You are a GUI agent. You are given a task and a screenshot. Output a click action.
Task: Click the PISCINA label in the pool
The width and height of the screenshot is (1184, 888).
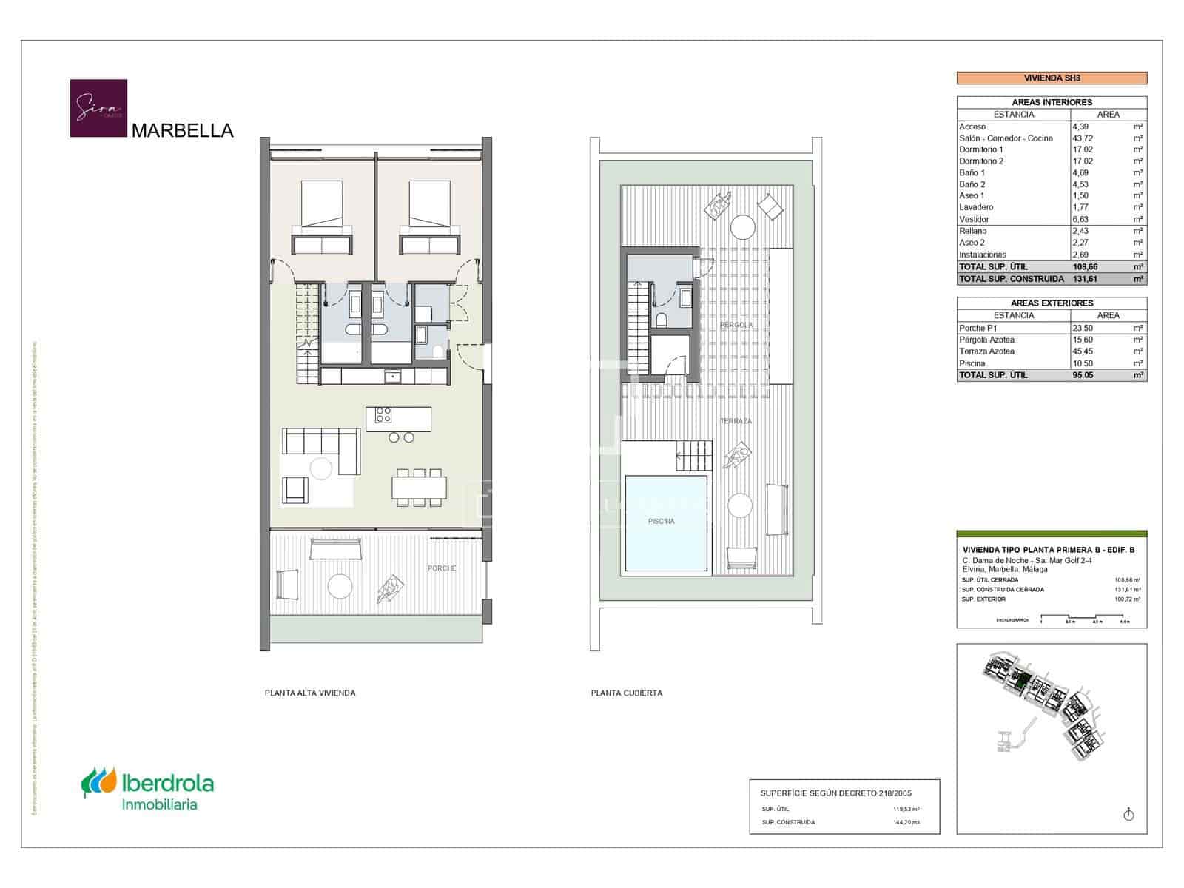pyautogui.click(x=661, y=521)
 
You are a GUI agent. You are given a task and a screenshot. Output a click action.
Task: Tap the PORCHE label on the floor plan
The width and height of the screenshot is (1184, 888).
pyautogui.click(x=442, y=568)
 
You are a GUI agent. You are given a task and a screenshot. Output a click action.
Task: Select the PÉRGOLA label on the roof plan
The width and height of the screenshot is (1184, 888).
pyautogui.click(x=736, y=325)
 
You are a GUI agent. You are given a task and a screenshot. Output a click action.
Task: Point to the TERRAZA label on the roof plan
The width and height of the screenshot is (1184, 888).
pyautogui.click(x=736, y=421)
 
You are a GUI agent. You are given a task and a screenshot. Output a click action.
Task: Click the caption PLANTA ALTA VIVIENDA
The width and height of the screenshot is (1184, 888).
pyautogui.click(x=310, y=693)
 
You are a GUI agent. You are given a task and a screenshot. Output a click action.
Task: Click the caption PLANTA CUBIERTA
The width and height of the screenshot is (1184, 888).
pyautogui.click(x=627, y=693)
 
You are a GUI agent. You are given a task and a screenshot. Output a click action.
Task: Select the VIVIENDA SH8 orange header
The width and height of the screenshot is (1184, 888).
pyautogui.click(x=1052, y=78)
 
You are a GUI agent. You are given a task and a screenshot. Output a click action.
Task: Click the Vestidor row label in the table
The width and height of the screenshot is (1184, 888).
pyautogui.click(x=974, y=219)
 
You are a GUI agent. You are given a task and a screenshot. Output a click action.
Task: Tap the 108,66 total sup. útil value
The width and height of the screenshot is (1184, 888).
pyautogui.click(x=1087, y=266)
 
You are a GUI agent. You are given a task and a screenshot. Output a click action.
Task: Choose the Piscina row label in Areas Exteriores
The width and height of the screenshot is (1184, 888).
pyautogui.click(x=972, y=363)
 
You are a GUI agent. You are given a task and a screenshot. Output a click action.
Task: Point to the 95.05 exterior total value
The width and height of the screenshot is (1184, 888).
pyautogui.click(x=1083, y=375)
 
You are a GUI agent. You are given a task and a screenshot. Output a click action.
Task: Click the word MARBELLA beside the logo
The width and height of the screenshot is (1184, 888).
pyautogui.click(x=182, y=131)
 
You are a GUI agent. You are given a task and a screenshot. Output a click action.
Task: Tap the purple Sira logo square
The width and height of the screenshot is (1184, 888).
pyautogui.click(x=98, y=108)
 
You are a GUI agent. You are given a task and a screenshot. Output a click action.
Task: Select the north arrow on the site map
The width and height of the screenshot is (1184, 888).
pyautogui.click(x=1128, y=815)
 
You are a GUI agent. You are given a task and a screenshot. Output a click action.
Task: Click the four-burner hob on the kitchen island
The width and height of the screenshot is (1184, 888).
pyautogui.click(x=383, y=415)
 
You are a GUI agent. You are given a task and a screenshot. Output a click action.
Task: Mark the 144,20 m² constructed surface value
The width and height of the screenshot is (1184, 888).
pyautogui.click(x=906, y=822)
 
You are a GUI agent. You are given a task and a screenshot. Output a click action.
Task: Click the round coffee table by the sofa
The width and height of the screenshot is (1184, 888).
pyautogui.click(x=321, y=468)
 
